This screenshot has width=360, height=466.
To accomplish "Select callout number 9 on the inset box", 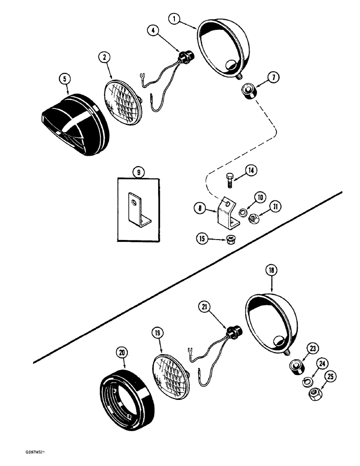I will [x=138, y=172].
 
